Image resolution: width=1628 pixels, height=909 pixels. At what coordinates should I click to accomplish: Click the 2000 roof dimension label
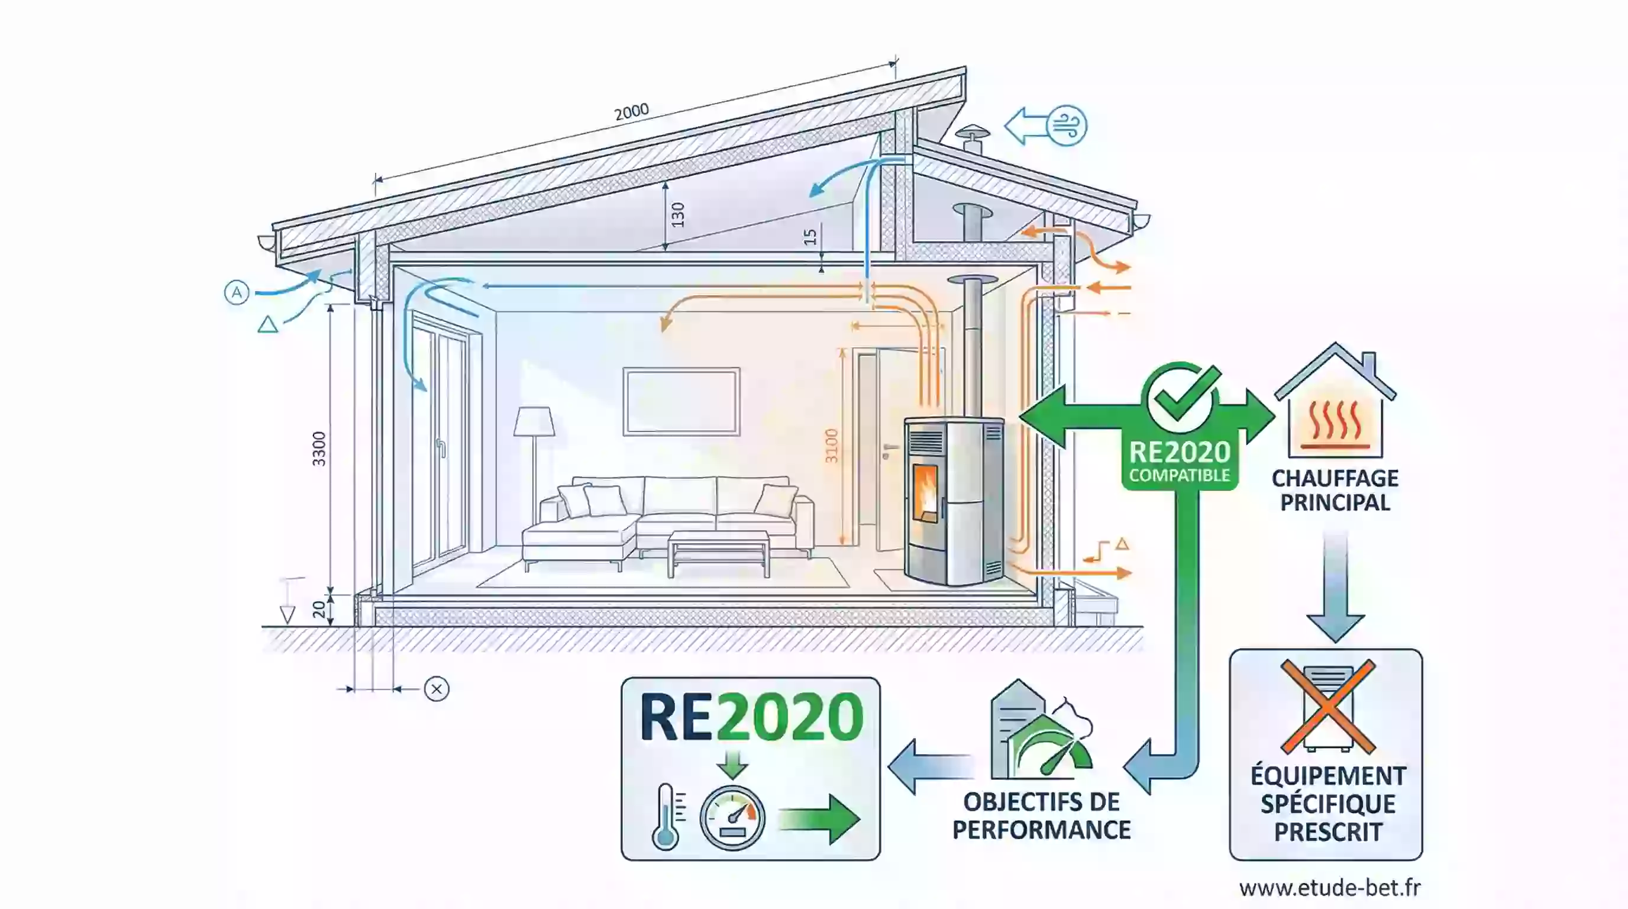click(x=631, y=112)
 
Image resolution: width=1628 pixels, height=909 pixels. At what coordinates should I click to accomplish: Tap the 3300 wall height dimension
click(x=319, y=449)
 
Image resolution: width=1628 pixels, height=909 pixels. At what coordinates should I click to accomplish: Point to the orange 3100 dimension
click(x=832, y=446)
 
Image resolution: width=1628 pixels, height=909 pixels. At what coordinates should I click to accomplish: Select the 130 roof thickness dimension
click(x=677, y=215)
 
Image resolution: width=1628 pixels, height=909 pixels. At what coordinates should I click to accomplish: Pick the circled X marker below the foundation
click(x=436, y=689)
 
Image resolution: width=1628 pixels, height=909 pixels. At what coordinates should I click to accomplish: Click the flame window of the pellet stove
click(x=925, y=493)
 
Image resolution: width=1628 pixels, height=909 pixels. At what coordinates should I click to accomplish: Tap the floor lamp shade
click(x=534, y=421)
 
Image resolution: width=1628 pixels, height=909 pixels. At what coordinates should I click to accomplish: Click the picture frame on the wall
click(x=681, y=401)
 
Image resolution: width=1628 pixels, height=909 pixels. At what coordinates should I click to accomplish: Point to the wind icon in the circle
click(x=1067, y=126)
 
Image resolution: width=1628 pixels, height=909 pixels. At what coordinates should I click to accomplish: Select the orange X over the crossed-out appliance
click(x=1328, y=707)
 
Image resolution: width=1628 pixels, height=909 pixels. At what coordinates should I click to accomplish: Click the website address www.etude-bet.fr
click(x=1330, y=888)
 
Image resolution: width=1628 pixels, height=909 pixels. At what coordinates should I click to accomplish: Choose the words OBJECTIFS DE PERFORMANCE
click(x=1042, y=815)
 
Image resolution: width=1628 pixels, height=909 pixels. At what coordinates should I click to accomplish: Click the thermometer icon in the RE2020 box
click(x=666, y=817)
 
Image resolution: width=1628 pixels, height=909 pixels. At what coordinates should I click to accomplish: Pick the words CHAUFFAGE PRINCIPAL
click(x=1335, y=491)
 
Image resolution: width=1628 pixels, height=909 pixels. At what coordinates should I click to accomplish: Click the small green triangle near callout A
click(x=268, y=325)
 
